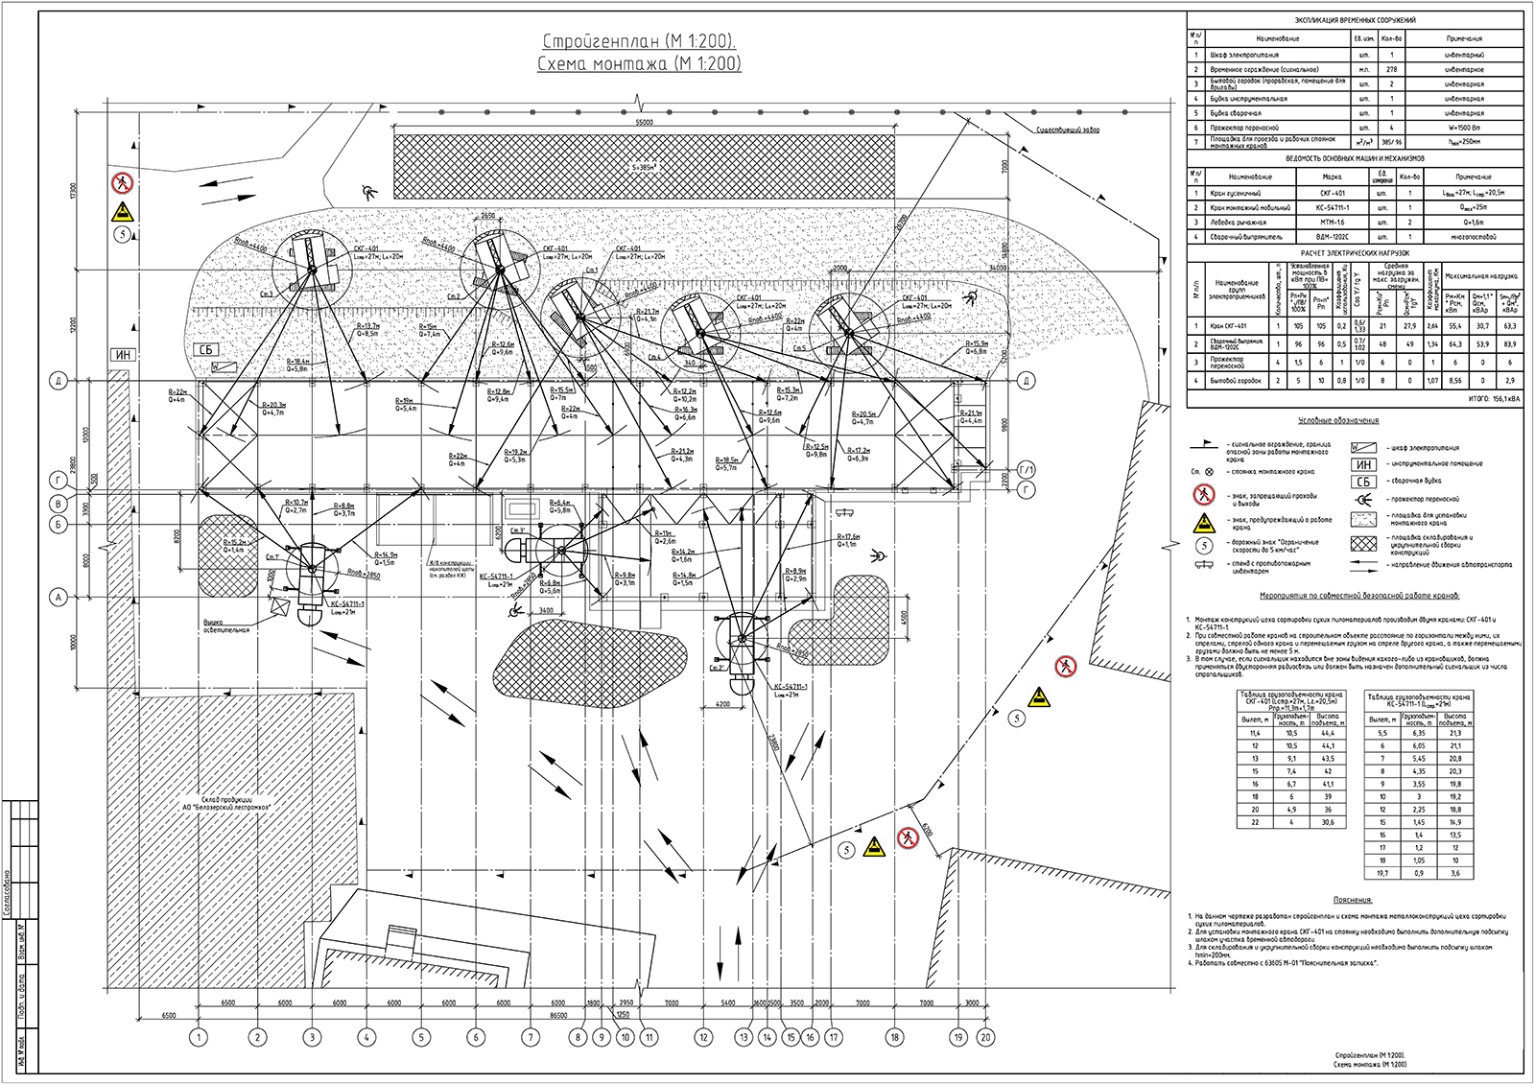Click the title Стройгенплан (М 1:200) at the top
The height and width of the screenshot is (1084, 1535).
click(x=639, y=41)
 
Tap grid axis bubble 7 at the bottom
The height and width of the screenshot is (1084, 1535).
click(x=531, y=1037)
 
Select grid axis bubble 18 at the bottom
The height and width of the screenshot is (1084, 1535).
click(x=895, y=1037)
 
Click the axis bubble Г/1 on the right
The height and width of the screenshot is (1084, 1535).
click(x=1027, y=470)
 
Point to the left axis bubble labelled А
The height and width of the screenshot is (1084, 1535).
click(x=59, y=598)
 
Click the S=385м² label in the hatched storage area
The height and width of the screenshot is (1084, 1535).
click(x=644, y=168)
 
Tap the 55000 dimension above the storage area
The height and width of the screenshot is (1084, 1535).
click(x=644, y=123)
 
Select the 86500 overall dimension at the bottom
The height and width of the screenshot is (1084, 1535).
click(x=558, y=1014)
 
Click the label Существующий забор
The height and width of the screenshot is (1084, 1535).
click(x=1068, y=130)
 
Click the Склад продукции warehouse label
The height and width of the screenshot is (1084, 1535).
click(x=226, y=803)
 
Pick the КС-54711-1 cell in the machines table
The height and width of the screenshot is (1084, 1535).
click(x=1334, y=207)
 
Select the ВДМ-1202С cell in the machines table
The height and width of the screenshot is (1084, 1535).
click(x=1334, y=236)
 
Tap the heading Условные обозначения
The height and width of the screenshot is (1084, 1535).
click(x=1338, y=420)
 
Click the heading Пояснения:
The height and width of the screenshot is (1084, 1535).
click(x=1353, y=900)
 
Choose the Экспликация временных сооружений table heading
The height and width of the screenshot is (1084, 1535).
click(x=1355, y=20)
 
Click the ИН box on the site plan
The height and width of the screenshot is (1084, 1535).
click(x=123, y=355)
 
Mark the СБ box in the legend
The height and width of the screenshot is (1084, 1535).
click(x=1363, y=482)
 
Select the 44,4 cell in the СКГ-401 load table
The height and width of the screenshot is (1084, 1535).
click(x=1328, y=733)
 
